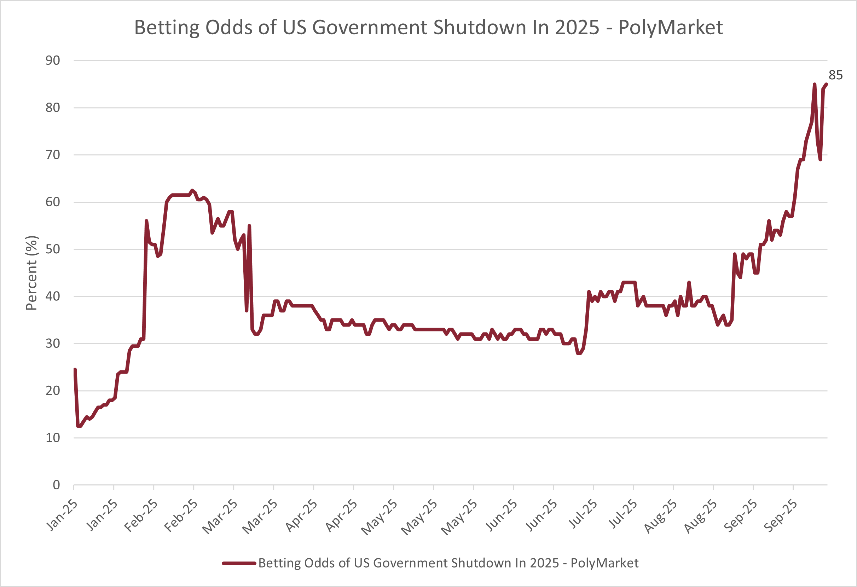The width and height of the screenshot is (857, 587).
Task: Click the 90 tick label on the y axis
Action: point(53,61)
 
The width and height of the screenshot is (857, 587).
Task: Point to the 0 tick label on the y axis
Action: point(56,485)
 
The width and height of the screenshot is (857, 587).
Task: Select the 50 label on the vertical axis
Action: point(53,249)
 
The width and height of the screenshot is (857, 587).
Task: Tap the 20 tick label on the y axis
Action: point(53,390)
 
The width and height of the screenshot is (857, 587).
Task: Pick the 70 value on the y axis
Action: point(53,155)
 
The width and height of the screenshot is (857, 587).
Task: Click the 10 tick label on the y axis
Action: point(53,438)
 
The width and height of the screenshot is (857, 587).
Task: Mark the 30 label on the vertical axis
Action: point(53,344)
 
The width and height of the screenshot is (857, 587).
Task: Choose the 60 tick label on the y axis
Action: point(53,202)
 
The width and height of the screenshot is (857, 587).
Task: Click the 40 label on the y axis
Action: point(53,296)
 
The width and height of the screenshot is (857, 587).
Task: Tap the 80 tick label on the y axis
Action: point(53,107)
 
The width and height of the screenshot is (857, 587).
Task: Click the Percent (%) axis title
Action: point(31,273)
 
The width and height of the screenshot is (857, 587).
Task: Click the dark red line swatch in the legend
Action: point(239,563)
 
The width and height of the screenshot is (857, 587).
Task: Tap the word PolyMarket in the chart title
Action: point(670,27)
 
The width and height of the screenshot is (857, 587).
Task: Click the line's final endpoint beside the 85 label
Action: point(826,85)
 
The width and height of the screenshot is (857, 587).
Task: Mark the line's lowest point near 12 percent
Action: point(79,426)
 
